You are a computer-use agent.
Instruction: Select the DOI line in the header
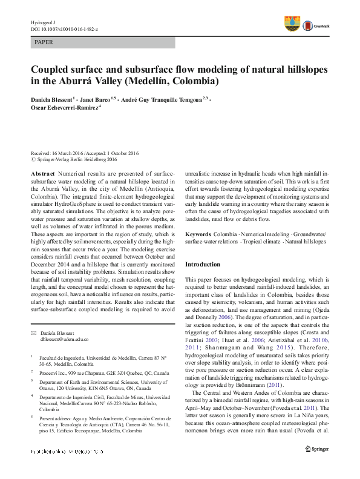click(64, 29)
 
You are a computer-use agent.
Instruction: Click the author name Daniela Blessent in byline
click(53, 99)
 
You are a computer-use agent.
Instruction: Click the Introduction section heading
click(203, 264)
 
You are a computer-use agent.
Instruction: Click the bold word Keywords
click(198, 234)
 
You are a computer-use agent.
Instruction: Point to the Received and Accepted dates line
click(85, 153)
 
